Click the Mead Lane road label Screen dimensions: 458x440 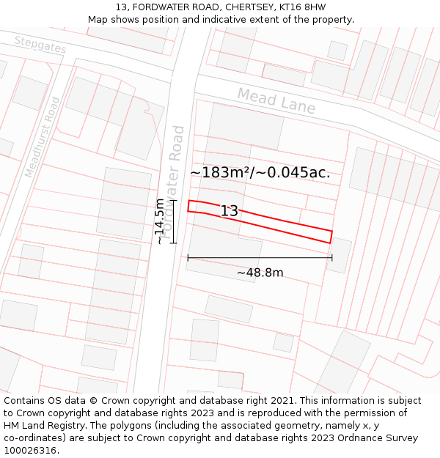276,101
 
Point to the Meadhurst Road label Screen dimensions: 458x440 42,137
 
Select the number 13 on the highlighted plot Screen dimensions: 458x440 230,211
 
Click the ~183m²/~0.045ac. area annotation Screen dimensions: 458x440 260,172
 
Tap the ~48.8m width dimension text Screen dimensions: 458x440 260,273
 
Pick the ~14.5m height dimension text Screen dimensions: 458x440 160,221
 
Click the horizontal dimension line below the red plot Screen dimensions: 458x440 260,257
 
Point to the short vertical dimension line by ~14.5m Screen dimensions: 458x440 174,221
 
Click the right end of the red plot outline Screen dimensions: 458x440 331,237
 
